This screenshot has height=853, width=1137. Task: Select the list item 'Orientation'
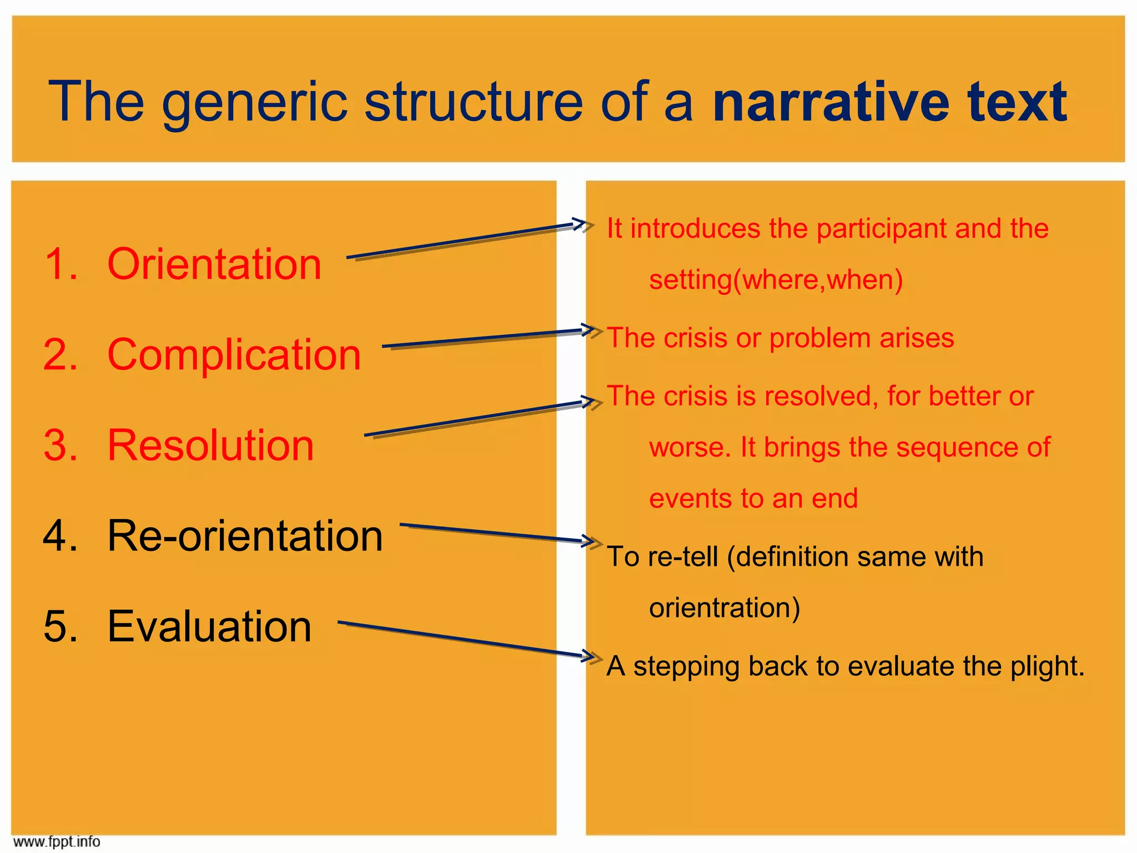pyautogui.click(x=214, y=264)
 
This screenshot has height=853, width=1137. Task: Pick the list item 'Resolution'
pyautogui.click(x=210, y=445)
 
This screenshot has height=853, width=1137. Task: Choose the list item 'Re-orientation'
pyautogui.click(x=245, y=536)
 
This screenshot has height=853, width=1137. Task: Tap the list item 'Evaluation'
pyautogui.click(x=209, y=626)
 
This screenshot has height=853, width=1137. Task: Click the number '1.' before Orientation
pyautogui.click(x=61, y=264)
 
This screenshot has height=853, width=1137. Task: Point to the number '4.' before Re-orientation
pyautogui.click(x=61, y=536)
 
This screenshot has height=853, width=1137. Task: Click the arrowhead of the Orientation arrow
pyautogui.click(x=581, y=224)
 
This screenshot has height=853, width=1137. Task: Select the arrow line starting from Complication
pyautogui.click(x=483, y=339)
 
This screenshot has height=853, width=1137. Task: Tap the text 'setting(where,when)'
pyautogui.click(x=776, y=280)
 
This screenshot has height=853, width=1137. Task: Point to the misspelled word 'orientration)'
pyautogui.click(x=725, y=608)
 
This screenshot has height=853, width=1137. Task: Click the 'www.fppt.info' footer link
pyautogui.click(x=56, y=842)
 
